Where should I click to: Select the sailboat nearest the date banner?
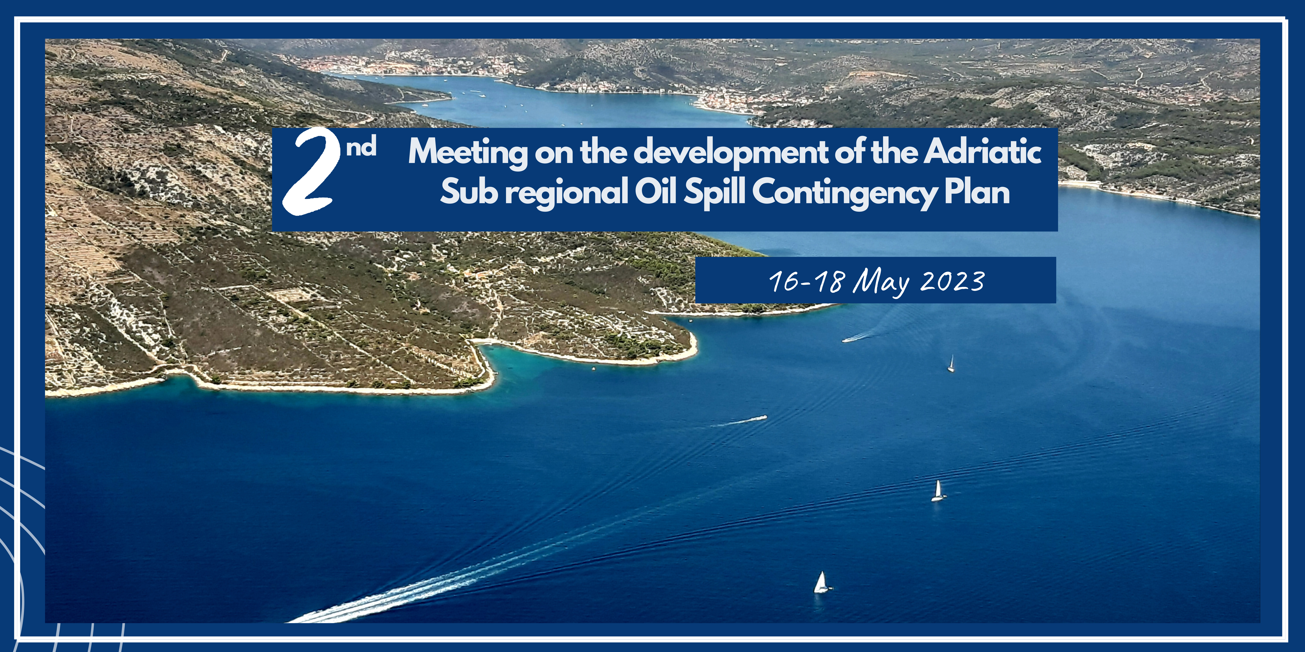click(x=951, y=364)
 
